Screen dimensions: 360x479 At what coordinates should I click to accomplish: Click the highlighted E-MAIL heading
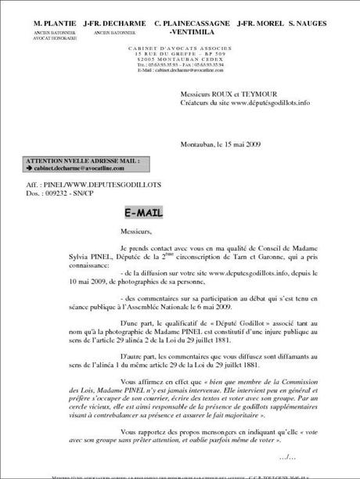[146, 212]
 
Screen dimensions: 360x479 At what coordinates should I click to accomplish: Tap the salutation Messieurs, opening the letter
[139, 232]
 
